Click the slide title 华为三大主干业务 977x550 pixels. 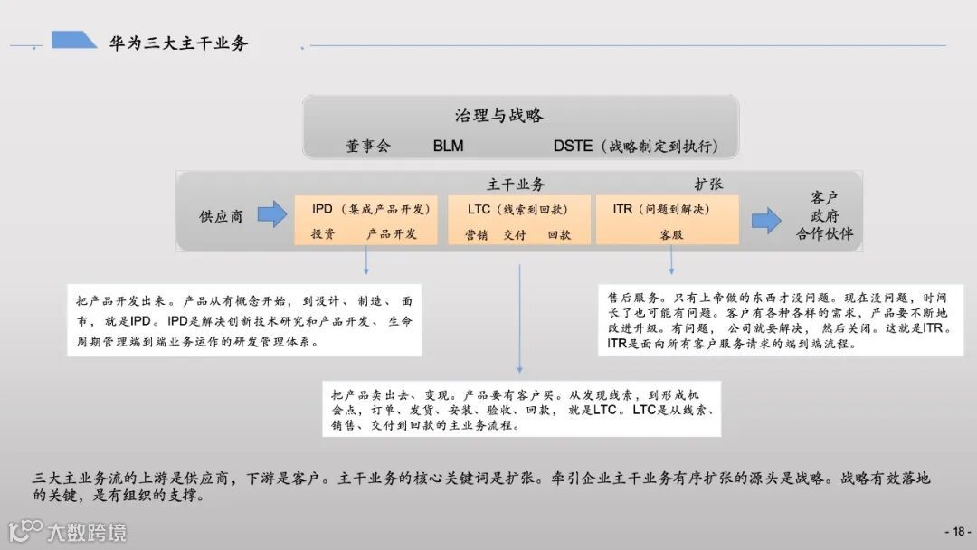pos(178,43)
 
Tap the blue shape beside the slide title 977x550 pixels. pos(73,40)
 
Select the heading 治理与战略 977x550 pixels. pos(498,116)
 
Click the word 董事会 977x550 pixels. pos(368,146)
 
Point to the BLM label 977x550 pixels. pos(448,146)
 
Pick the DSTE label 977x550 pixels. pos(573,146)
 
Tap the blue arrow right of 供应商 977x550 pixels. pos(271,215)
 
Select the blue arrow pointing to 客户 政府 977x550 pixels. pos(765,220)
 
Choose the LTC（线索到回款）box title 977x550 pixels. pos(517,209)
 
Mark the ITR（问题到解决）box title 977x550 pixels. pos(661,209)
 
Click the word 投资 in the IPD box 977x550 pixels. pos(323,233)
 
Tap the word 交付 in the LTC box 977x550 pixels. pos(515,234)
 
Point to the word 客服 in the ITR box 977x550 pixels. pos(670,234)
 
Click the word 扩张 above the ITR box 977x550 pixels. pos(708,185)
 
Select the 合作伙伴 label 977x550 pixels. pos(824,235)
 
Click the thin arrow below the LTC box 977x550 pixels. pos(519,317)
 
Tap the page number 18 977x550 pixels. pos(957,532)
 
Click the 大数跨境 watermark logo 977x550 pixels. pos(68,531)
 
